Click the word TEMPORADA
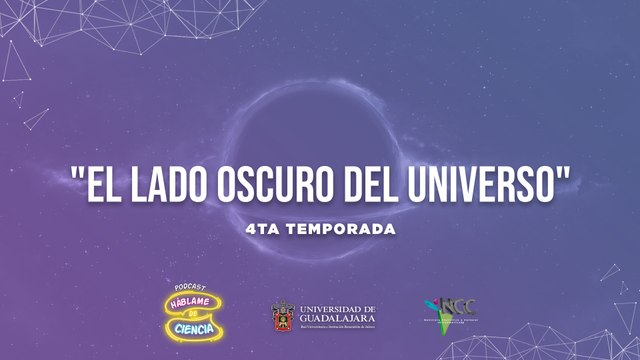click(x=339, y=229)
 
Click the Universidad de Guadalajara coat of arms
click(x=283, y=317)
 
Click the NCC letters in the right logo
click(x=452, y=306)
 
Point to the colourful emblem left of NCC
click(x=431, y=308)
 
